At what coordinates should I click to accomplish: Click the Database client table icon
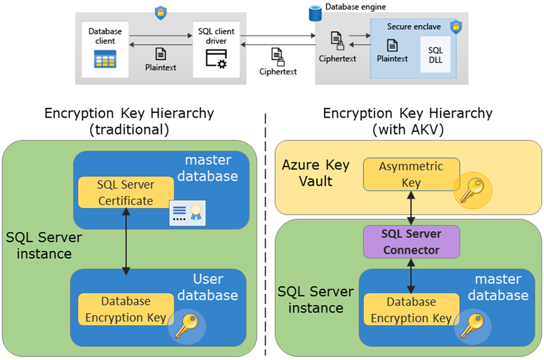[105, 59]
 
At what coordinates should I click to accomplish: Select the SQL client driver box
[216, 48]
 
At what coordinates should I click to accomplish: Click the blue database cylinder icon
[315, 10]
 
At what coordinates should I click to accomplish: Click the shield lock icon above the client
[160, 12]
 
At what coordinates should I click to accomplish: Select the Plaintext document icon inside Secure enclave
[392, 45]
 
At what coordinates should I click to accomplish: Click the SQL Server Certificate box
[125, 192]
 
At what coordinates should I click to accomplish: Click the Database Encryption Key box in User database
[126, 309]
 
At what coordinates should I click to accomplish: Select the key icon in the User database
[185, 323]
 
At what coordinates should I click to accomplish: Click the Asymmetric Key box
[411, 174]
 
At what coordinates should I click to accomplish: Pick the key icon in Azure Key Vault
[473, 190]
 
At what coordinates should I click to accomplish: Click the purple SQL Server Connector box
[411, 242]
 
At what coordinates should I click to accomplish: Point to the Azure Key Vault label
[315, 173]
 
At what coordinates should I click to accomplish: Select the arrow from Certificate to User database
[126, 242]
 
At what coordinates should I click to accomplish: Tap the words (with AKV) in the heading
[408, 130]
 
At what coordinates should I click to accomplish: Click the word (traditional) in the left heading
[129, 130]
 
